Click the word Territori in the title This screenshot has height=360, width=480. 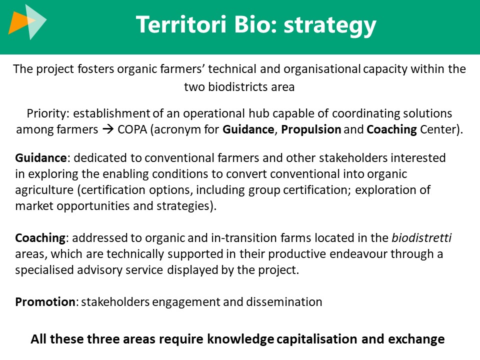coord(181,24)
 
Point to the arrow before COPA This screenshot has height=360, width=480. coord(108,129)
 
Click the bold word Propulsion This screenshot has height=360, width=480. coord(311,130)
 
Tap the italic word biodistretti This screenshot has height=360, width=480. coord(421,238)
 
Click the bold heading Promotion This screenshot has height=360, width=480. coord(45,302)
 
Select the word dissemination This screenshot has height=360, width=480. coord(284,302)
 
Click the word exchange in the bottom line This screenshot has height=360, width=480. coord(416,339)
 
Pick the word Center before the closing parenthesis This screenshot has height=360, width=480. coord(438,130)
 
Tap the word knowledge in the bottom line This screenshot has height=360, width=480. coord(240,339)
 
